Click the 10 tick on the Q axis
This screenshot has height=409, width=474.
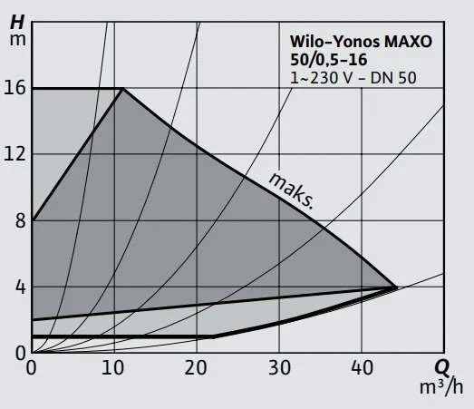[114, 368]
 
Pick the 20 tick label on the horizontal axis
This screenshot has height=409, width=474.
[197, 368]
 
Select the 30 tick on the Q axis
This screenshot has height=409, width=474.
[279, 368]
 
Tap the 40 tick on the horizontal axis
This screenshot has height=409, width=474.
[362, 368]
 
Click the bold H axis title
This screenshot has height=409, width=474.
[17, 19]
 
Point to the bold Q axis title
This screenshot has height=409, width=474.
[441, 368]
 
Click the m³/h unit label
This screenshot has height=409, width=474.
[441, 388]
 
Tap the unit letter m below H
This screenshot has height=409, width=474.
[17, 39]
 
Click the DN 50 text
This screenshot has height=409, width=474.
[398, 78]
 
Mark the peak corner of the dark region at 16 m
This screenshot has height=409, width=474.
[123, 88]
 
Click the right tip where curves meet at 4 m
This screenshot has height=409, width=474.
[397, 287]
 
